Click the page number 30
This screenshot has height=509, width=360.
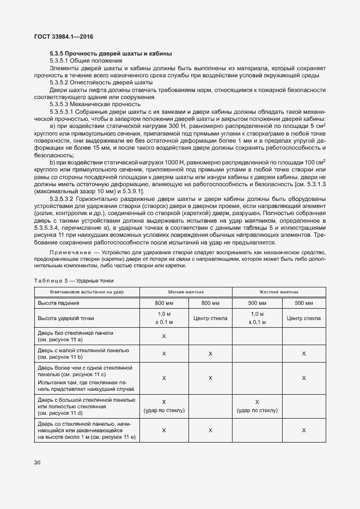tap(37, 463)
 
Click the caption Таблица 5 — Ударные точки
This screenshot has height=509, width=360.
tap(74, 280)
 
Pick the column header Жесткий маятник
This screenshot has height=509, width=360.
tap(279, 292)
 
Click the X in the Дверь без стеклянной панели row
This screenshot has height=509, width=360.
tap(164, 336)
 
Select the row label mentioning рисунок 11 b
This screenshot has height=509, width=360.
tap(83, 354)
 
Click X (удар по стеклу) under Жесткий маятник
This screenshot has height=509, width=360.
tap(257, 406)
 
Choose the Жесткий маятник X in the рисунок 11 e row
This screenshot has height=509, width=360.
tap(303, 430)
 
